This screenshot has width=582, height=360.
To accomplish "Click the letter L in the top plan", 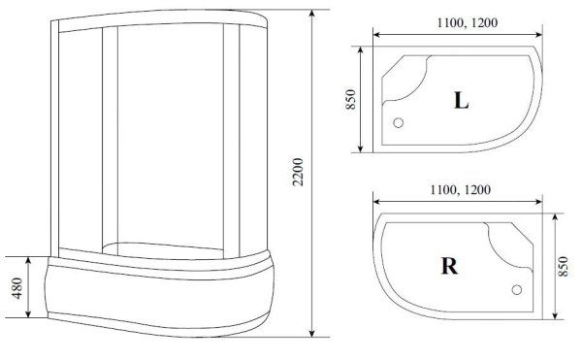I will tap(460, 99).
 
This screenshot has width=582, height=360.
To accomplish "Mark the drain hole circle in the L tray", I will tap(397, 123).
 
